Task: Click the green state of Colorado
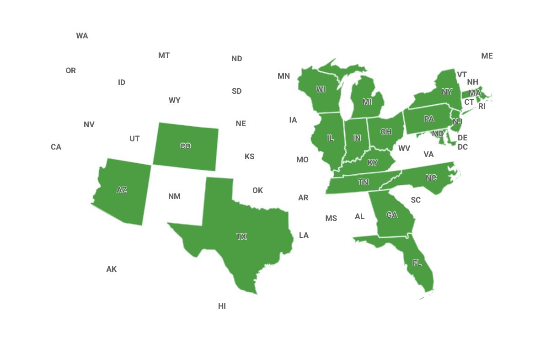(x=186, y=146)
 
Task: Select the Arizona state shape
(x=122, y=190)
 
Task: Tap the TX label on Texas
(x=241, y=236)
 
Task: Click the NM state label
(x=174, y=196)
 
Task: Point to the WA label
(x=82, y=36)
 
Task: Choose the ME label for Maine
(x=487, y=56)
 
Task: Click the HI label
(x=222, y=306)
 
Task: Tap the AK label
(x=112, y=269)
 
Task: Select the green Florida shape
(x=417, y=263)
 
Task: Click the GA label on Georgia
(x=392, y=215)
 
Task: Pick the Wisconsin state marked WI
(x=321, y=89)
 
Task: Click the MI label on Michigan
(x=367, y=102)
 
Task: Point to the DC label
(x=463, y=147)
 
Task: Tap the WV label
(x=404, y=148)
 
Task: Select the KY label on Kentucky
(x=373, y=162)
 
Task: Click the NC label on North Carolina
(x=431, y=178)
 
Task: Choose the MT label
(x=164, y=55)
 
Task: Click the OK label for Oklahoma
(x=258, y=190)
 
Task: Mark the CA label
(x=56, y=147)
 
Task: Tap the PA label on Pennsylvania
(x=429, y=119)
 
